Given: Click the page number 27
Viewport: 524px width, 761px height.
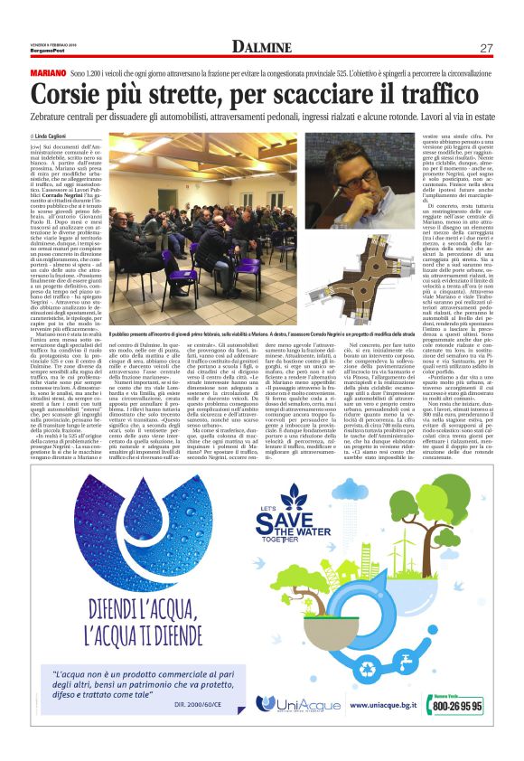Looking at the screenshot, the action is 485,47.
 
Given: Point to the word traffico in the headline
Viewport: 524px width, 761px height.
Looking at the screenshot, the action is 441,92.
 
